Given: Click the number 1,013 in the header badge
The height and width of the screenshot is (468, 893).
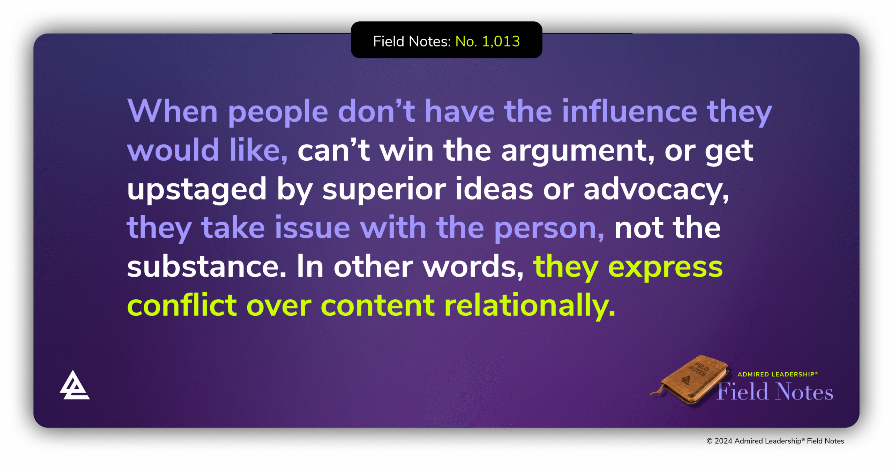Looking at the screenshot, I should pos(501,42).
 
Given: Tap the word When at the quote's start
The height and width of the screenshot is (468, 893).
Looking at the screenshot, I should pos(172,111).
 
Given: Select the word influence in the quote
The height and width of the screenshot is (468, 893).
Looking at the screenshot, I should pos(629,111).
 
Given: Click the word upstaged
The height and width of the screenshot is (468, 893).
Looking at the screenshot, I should pos(197,190).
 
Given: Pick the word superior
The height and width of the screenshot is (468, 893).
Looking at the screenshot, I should pos(384,190).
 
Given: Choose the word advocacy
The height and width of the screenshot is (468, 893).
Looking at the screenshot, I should pos(656,190).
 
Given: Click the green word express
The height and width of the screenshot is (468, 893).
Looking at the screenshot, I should pos(665,268).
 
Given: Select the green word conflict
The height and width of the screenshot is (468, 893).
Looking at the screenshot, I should pos(182,306).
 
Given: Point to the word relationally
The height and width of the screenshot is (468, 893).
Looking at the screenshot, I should pos(530,306).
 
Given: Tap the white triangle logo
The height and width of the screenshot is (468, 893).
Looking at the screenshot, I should pos(74,386).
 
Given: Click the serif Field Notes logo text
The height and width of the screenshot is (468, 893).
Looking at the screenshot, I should pos(775,392).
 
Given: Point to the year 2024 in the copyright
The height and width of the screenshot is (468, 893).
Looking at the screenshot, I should pos(723,441).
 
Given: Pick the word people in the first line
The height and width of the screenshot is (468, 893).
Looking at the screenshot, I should pos(278,112).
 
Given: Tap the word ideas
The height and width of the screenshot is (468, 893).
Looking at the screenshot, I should pos(494,190).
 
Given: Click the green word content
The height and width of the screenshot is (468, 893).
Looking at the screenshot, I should pos(377,306).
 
